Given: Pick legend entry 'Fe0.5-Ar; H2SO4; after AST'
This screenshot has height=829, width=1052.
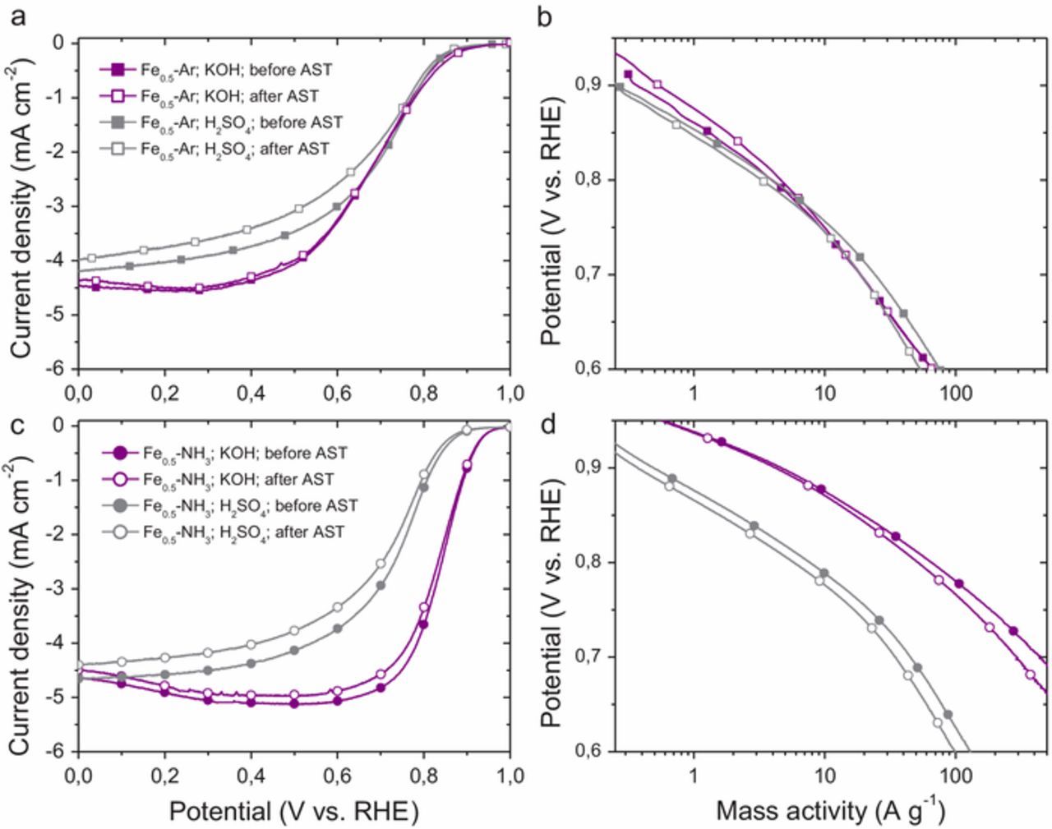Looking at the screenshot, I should pyautogui.click(x=235, y=149).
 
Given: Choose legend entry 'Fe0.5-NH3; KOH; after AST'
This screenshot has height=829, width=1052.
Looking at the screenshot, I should pyautogui.click(x=242, y=479).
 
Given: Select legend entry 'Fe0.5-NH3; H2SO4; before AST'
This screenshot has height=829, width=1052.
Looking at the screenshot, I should pyautogui.click(x=250, y=506).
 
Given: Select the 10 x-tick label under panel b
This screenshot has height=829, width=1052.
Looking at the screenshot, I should pyautogui.click(x=824, y=392).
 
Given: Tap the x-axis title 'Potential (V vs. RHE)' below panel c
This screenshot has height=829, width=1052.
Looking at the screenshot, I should pyautogui.click(x=293, y=812).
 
